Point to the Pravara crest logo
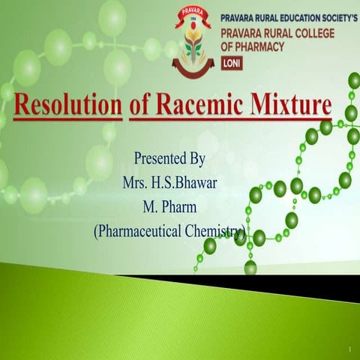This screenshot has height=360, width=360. (193, 43)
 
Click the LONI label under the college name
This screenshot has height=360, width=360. (233, 64)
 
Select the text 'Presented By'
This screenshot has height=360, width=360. (169, 159)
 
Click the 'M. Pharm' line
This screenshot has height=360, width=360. (169, 206)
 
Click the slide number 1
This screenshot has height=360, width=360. (349, 349)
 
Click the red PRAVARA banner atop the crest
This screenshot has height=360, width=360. (193, 13)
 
